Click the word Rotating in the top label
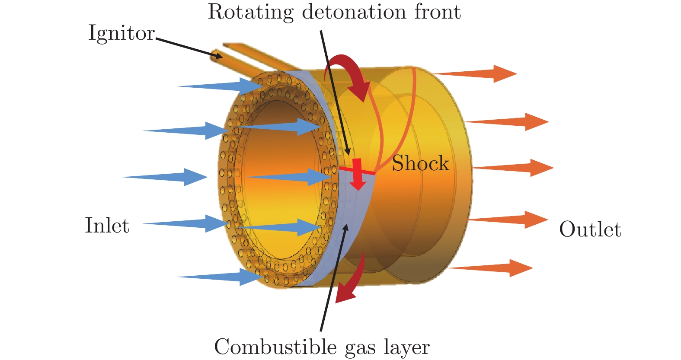pos(250,13)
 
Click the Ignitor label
pos(121,33)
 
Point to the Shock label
pos(420,164)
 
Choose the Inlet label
pos(107,226)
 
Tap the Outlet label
pos(590,229)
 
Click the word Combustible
pos(275,347)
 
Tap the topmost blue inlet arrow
pos(221,86)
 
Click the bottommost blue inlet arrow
pos(221,277)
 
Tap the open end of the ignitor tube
pos(216,55)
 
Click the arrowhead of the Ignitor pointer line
pos(218,56)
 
